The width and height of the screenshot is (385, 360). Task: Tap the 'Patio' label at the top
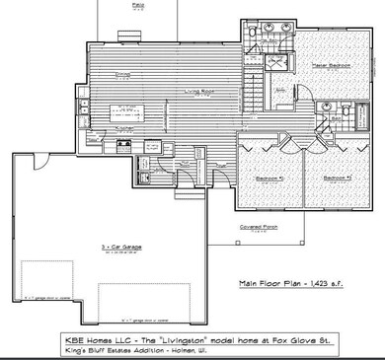point(136,4)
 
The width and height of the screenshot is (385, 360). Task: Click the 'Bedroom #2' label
point(269,179)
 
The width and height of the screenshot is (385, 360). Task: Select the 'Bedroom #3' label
point(338,179)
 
